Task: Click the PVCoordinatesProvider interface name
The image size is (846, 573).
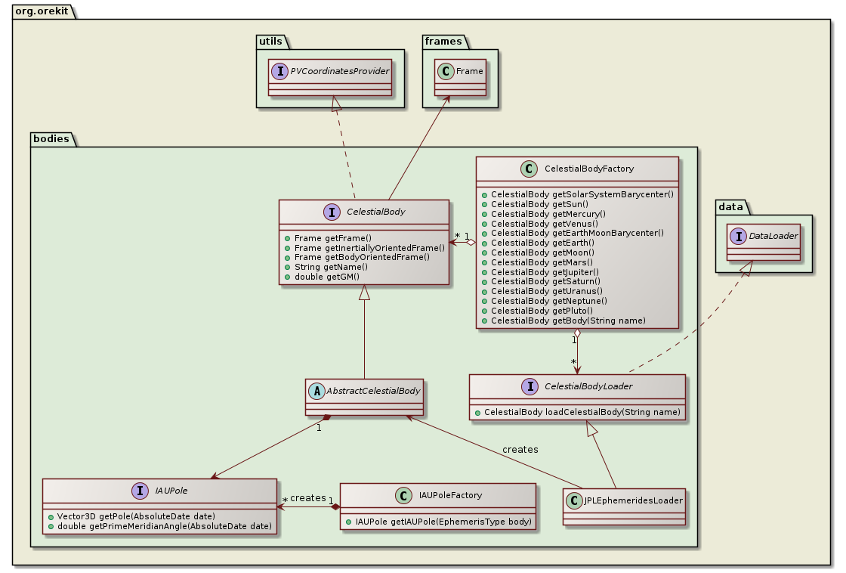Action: [x=350, y=71]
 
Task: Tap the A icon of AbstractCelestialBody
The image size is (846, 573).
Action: [x=318, y=391]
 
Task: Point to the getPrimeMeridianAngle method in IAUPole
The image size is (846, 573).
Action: [x=163, y=525]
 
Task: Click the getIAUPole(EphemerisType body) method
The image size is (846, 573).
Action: [x=441, y=522]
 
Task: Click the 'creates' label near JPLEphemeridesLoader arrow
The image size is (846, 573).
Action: [x=520, y=449]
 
